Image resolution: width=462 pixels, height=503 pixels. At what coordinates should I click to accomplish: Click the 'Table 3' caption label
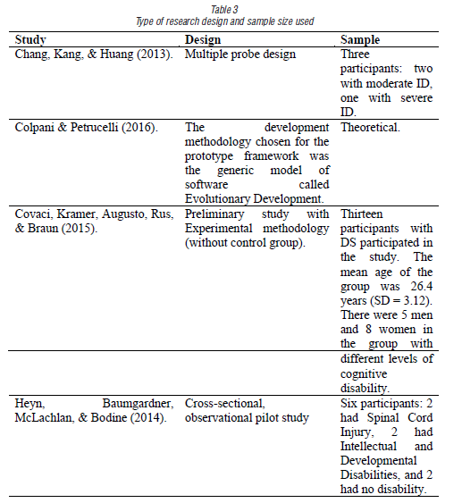click(x=231, y=9)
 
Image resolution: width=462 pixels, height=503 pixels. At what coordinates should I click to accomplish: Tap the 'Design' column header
click(x=202, y=40)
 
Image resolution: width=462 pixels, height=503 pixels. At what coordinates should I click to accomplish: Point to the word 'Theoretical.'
click(x=370, y=127)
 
